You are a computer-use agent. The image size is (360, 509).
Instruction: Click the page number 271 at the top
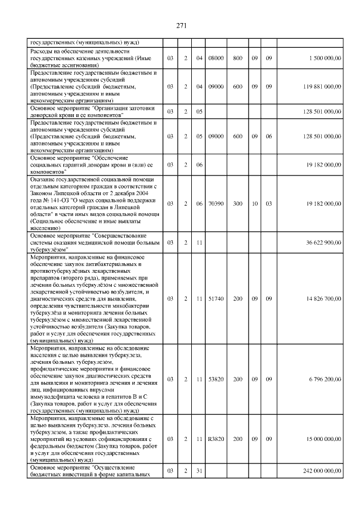181,25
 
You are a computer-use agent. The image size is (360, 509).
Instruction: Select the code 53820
216,380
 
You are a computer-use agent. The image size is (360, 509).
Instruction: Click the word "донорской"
48,115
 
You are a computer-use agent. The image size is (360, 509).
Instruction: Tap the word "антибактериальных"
111,264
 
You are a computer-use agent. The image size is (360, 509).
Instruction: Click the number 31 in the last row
199,470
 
